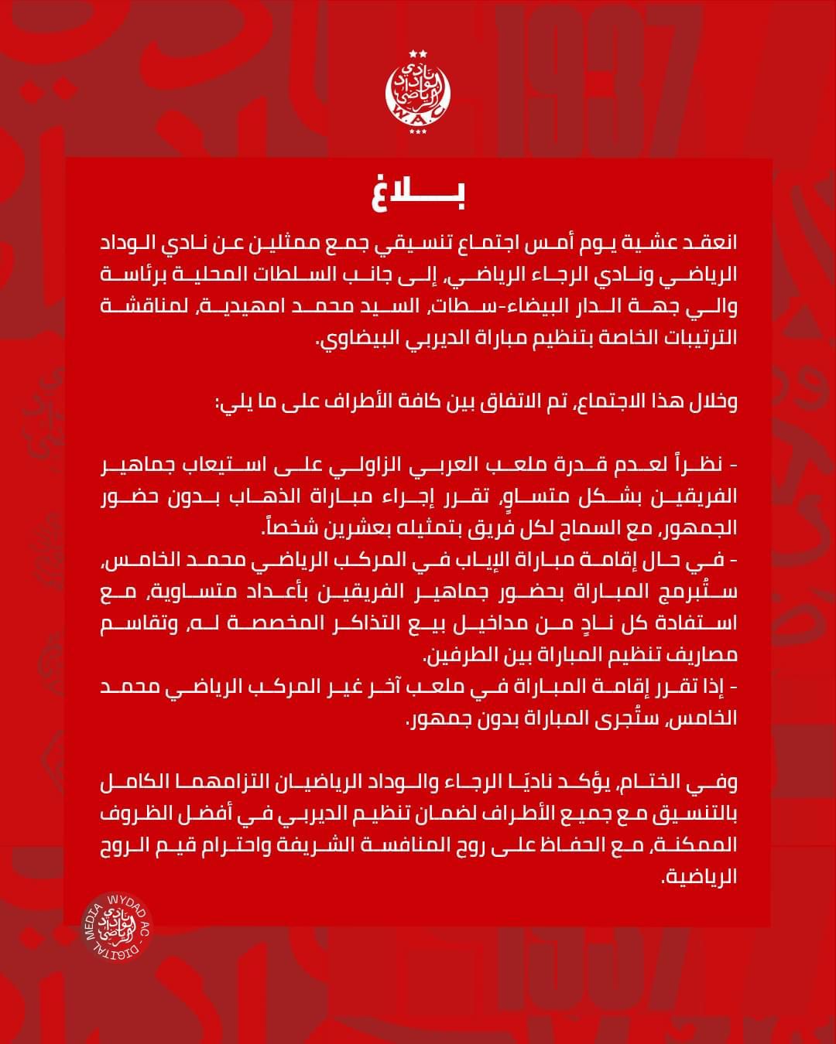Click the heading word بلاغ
(x=419, y=194)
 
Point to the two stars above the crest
(x=418, y=53)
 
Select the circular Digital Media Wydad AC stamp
(x=115, y=925)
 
